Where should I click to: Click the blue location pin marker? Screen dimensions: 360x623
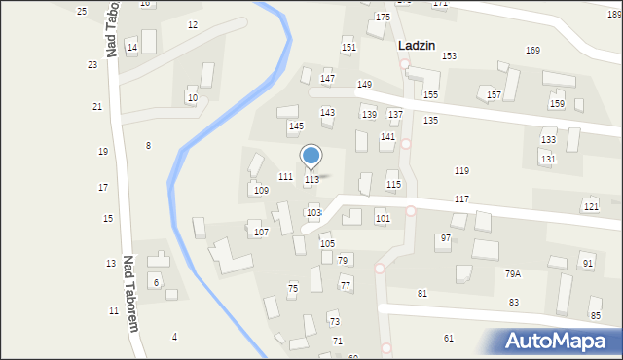311,156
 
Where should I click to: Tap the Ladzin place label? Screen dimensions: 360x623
416,45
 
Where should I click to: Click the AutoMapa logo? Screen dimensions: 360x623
559,342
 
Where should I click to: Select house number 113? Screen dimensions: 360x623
311,180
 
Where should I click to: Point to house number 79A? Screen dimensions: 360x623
512,274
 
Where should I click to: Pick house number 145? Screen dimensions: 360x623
296,126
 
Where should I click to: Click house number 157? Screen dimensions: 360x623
494,95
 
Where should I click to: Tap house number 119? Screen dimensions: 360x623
461,171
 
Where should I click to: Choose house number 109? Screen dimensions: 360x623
261,191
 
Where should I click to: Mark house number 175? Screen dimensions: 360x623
383,18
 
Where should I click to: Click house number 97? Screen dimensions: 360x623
445,238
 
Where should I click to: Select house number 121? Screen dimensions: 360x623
590,207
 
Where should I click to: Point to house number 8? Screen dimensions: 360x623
148,146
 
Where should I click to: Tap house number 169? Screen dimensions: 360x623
532,51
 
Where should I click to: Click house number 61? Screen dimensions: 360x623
449,339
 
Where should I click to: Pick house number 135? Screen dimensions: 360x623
430,121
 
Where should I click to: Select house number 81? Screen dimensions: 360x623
422,294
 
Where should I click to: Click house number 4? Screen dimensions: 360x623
175,338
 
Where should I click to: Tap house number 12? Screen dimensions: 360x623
193,25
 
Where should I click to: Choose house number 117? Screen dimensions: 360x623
461,199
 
